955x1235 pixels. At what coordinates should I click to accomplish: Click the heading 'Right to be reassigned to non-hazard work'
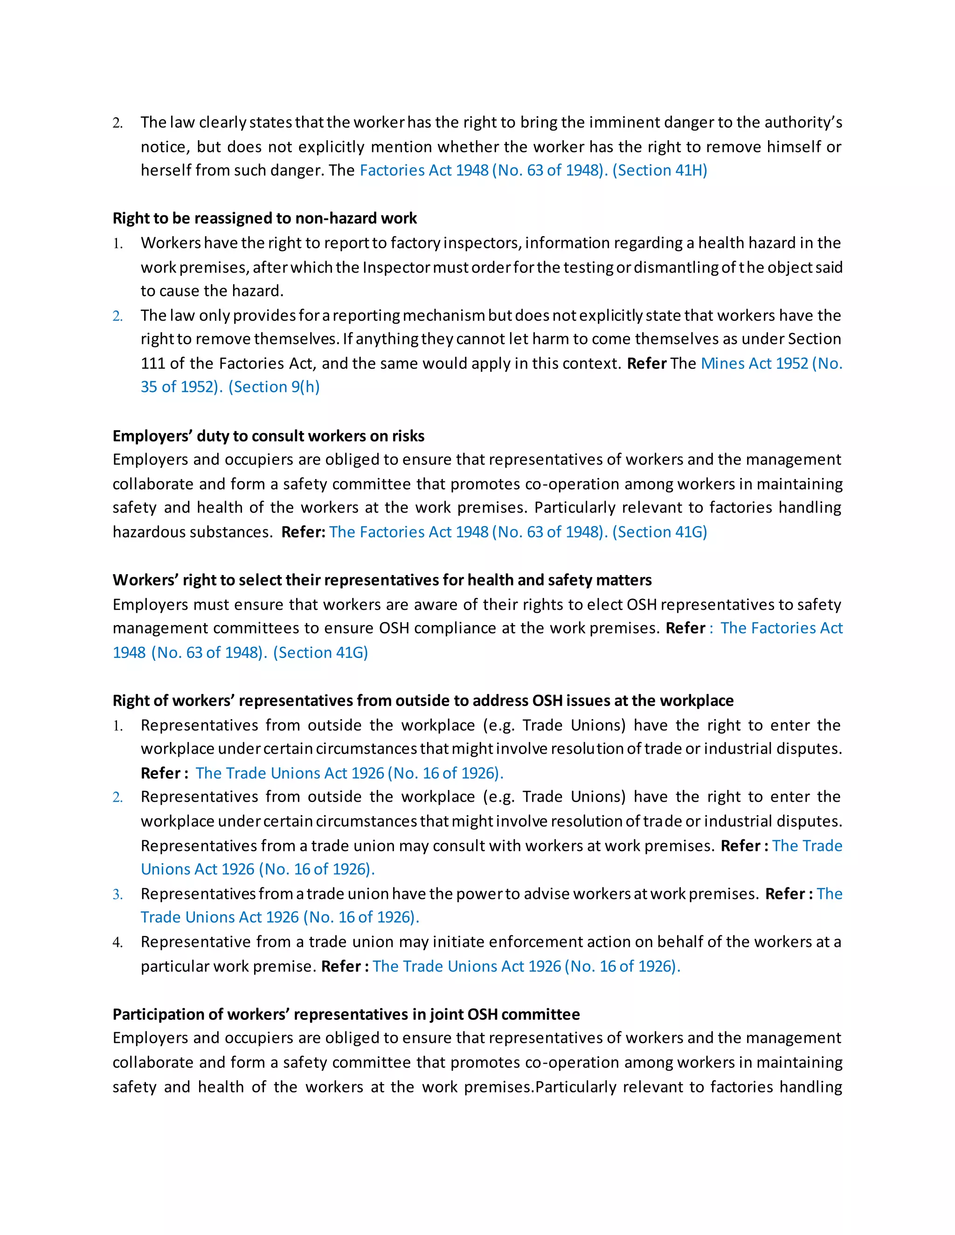pos(264,218)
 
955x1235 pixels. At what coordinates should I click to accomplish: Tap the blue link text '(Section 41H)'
pos(660,170)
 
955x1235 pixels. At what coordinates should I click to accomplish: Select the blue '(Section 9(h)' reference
pos(274,387)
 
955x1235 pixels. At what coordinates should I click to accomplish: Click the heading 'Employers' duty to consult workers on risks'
pos(268,436)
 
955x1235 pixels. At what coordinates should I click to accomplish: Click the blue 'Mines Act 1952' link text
pos(754,363)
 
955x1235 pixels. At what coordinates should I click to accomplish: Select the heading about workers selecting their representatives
pos(382,580)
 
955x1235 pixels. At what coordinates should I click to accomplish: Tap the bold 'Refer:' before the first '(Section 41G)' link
pos(303,532)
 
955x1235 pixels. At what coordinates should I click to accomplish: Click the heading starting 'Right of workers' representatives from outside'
pos(422,700)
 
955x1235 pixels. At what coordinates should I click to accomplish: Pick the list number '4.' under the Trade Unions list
pos(118,942)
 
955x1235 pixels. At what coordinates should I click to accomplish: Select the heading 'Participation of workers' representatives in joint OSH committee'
pos(346,1015)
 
